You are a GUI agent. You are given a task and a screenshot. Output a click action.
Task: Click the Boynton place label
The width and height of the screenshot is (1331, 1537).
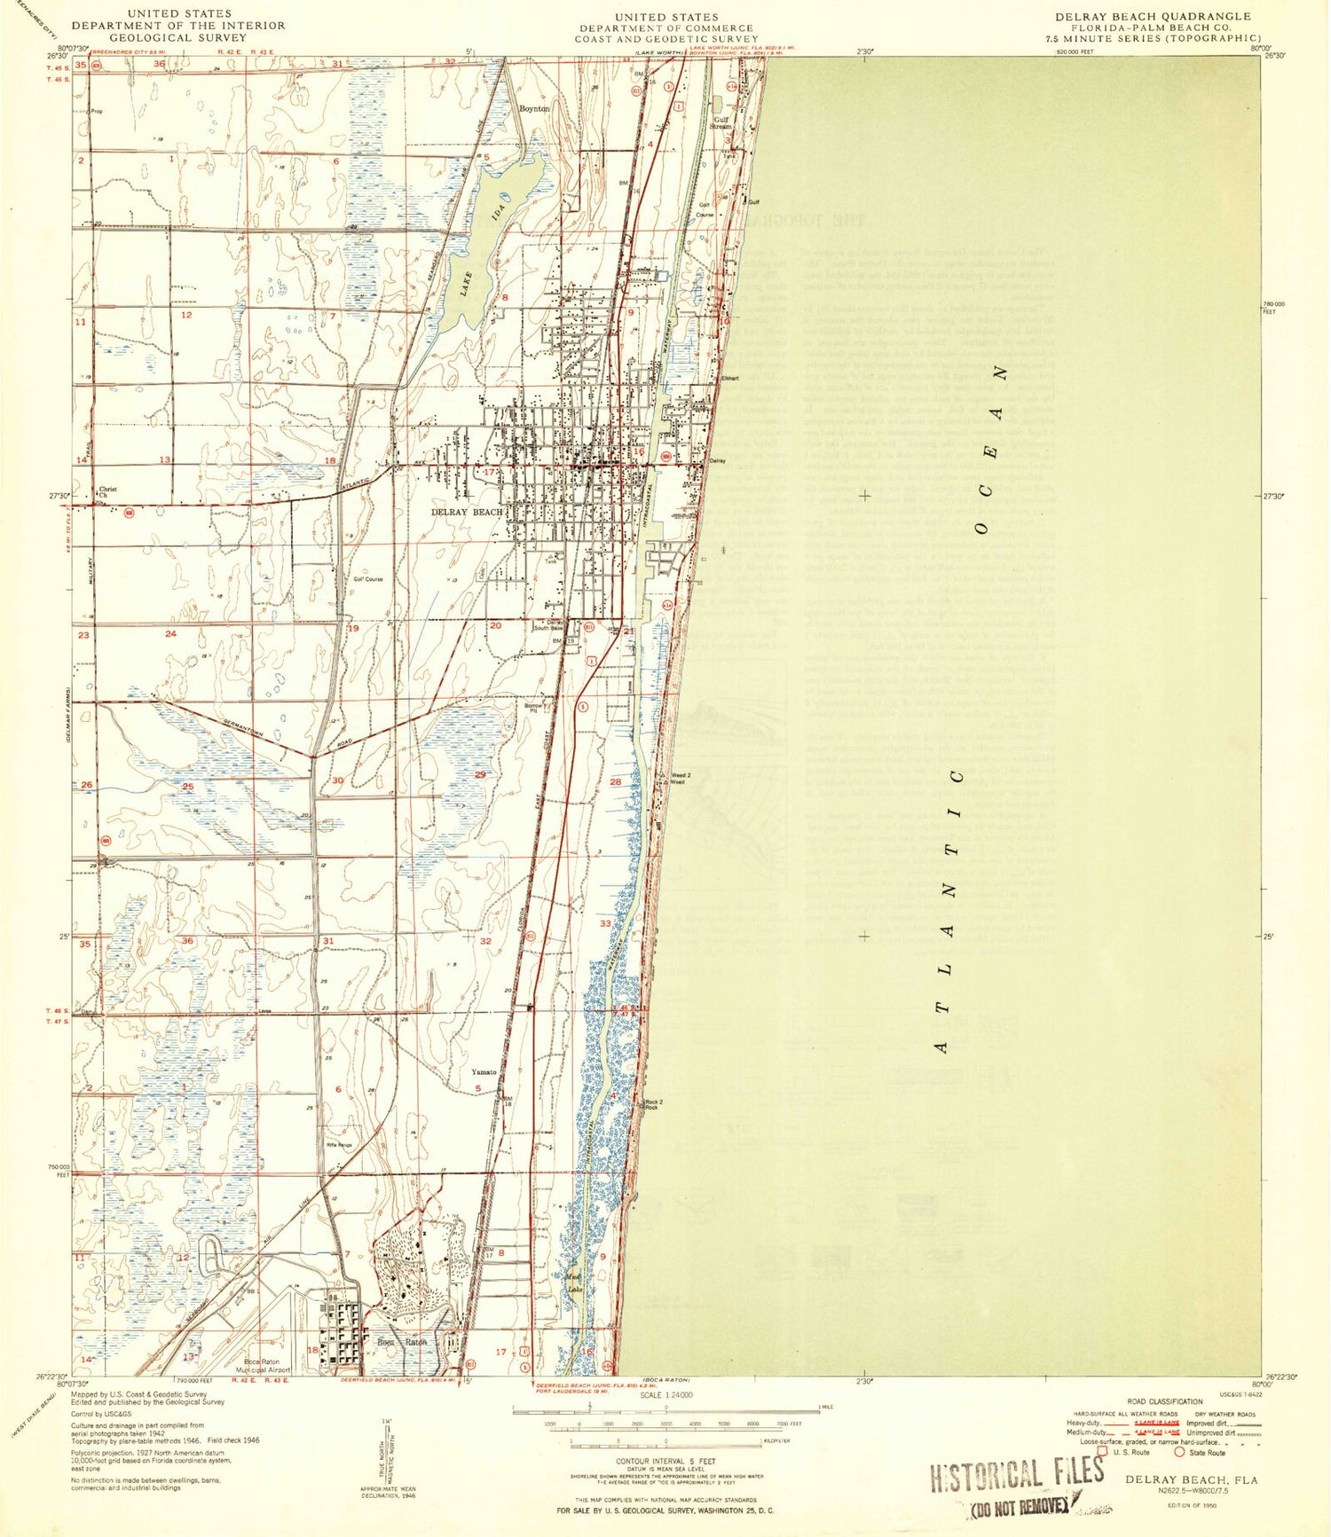click(534, 108)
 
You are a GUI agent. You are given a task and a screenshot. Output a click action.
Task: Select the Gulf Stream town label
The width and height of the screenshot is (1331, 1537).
click(720, 122)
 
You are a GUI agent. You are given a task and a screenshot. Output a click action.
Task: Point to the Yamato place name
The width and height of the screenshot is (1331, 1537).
click(484, 1072)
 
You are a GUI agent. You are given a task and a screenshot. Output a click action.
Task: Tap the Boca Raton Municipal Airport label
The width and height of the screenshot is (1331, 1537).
click(267, 1366)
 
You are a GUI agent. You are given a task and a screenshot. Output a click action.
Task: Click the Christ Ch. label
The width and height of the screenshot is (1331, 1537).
click(107, 491)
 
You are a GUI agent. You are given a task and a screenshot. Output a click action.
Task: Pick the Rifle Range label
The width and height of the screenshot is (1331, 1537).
click(339, 1145)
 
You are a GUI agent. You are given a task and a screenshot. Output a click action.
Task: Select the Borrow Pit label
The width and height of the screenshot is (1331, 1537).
click(532, 707)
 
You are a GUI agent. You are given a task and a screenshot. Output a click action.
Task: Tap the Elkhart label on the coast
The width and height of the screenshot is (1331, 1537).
click(729, 379)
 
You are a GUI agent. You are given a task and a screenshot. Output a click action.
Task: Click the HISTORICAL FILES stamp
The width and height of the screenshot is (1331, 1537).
click(1017, 1474)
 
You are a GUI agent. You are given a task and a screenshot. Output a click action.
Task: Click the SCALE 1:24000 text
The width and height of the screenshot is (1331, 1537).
click(665, 1395)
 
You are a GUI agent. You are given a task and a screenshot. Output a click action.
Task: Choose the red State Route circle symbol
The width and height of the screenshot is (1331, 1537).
click(1180, 1453)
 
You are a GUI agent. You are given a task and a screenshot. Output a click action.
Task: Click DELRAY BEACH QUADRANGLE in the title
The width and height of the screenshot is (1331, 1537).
click(1153, 17)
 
